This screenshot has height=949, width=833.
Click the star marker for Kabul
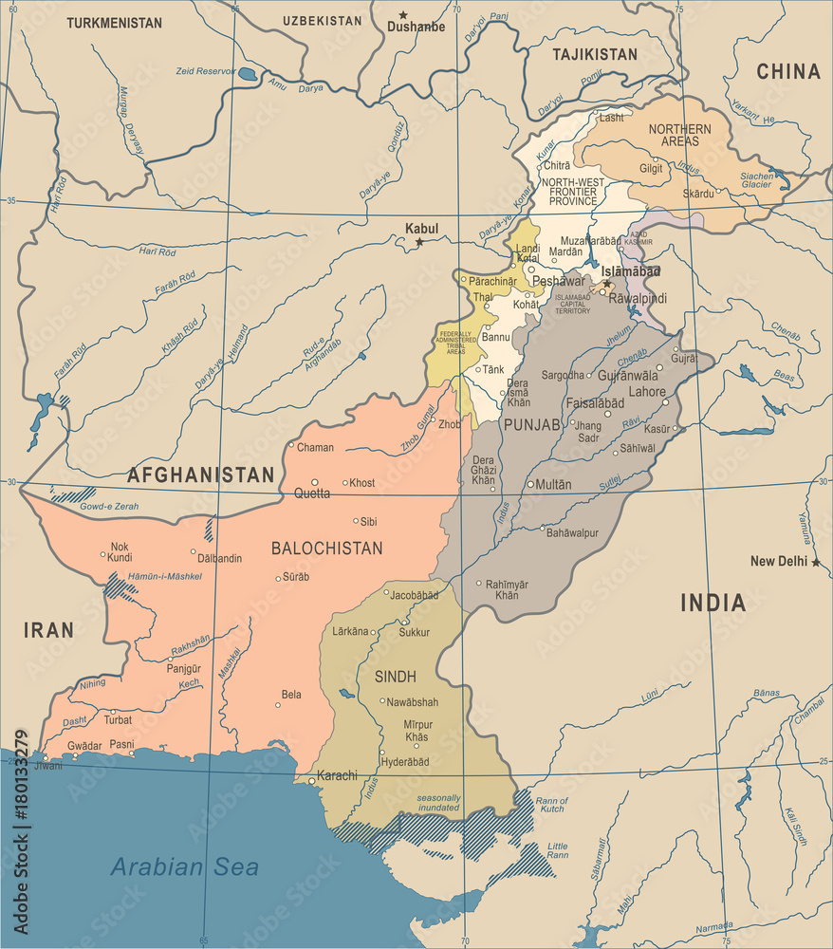click(x=419, y=243)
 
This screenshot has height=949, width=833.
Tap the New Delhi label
click(x=777, y=562)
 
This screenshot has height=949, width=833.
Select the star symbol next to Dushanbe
click(x=402, y=14)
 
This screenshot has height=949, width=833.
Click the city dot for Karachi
click(x=311, y=782)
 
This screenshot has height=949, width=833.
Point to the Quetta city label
click(x=312, y=493)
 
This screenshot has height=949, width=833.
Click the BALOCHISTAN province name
click(x=326, y=549)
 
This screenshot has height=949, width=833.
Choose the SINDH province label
click(x=396, y=677)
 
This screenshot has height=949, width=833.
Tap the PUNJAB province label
click(x=532, y=424)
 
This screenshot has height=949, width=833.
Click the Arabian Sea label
click(x=184, y=866)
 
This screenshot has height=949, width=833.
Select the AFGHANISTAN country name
click(x=201, y=474)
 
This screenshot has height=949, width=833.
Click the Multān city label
click(x=554, y=484)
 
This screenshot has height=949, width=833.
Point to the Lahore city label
click(x=648, y=391)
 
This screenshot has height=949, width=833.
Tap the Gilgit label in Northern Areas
click(x=652, y=168)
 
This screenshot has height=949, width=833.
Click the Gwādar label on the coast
click(x=83, y=746)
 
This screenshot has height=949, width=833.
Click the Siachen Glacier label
click(x=756, y=180)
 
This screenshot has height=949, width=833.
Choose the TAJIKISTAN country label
click(x=595, y=55)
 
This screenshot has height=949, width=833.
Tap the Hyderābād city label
click(x=405, y=762)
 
